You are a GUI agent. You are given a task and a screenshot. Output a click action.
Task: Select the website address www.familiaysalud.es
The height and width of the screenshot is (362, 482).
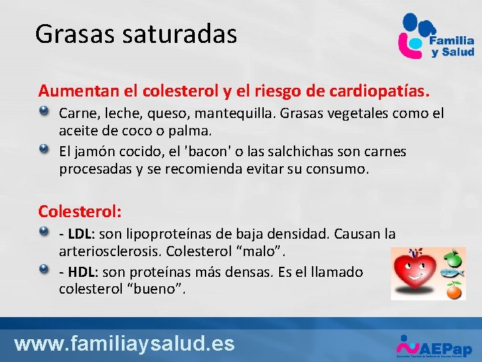(125, 344)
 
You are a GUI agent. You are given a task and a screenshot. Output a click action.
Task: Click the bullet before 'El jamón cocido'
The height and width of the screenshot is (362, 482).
(44, 148)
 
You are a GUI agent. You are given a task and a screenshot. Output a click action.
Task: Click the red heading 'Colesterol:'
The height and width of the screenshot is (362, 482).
(80, 211)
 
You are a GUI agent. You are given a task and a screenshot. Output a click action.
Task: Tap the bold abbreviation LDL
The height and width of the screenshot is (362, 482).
(80, 234)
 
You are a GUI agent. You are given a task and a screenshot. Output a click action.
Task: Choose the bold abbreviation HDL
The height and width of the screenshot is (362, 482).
(81, 272)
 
